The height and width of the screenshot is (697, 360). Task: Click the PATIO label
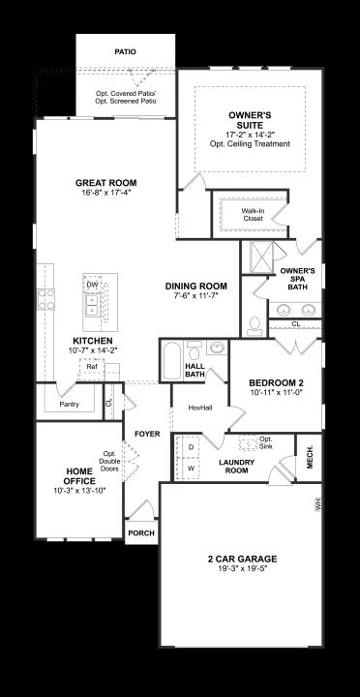tap(125, 52)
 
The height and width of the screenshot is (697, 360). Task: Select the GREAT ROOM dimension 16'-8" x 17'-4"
tap(105, 193)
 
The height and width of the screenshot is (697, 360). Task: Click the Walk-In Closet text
tap(253, 215)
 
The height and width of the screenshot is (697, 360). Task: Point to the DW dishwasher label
tap(92, 285)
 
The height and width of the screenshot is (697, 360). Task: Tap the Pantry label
tap(69, 405)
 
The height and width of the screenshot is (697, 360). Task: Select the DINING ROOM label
tap(196, 287)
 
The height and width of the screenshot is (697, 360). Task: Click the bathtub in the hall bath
tap(172, 360)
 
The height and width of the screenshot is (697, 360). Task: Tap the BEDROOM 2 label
tap(276, 382)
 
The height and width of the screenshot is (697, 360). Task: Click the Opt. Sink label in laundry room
tap(266, 441)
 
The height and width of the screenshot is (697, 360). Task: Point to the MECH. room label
tap(310, 457)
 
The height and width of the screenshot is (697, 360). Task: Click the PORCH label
tap(141, 533)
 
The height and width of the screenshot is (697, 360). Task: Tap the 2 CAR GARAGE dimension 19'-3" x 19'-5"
tap(242, 568)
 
